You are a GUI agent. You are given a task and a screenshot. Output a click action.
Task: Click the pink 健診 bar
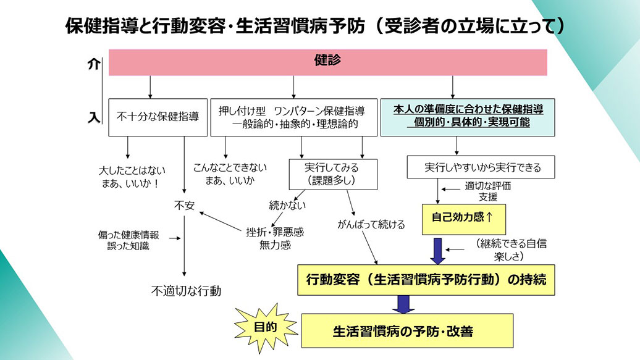pos(327,62)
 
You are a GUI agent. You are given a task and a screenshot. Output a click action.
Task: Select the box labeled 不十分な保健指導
pos(158,117)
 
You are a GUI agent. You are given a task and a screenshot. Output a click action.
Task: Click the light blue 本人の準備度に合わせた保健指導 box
pos(468,117)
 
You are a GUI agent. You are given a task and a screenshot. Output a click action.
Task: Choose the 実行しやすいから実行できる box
pos(481,167)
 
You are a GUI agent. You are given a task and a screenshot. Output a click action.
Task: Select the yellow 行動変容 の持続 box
pos(426,279)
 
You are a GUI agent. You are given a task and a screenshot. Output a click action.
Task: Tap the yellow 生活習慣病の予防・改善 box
pos(407,330)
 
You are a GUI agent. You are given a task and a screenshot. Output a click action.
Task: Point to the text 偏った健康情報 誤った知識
pos(128,240)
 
